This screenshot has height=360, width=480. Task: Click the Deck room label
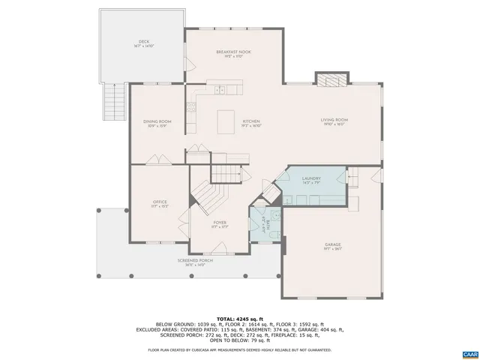[x=143, y=43]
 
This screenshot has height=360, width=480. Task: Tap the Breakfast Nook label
[x=233, y=53]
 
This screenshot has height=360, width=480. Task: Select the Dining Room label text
[x=157, y=123]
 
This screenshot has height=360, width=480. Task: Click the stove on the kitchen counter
[x=192, y=113]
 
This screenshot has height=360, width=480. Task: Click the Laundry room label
[x=311, y=180]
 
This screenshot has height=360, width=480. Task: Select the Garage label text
[x=333, y=246]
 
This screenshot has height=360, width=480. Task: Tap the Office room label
[x=160, y=203]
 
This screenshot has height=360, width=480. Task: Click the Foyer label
[x=220, y=223]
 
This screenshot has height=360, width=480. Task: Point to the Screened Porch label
[x=195, y=262]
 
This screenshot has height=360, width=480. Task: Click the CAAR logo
[x=469, y=352]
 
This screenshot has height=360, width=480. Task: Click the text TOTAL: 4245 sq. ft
[x=239, y=318]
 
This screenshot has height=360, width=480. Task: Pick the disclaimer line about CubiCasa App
[x=239, y=349]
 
